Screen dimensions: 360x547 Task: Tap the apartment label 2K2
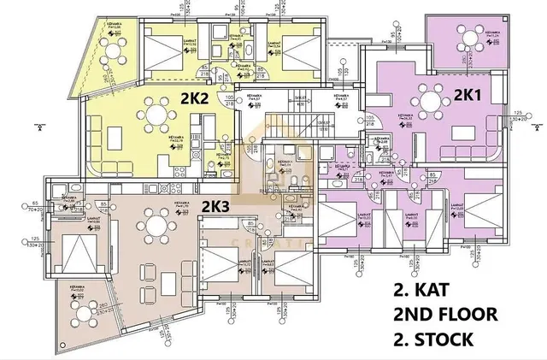pos(196,98)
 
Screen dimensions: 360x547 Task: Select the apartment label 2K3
pos(215,206)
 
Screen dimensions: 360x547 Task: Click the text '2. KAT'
pos(421,289)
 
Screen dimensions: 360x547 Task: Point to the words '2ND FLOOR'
pos(444,314)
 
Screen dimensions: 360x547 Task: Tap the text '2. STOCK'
pos(433,339)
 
